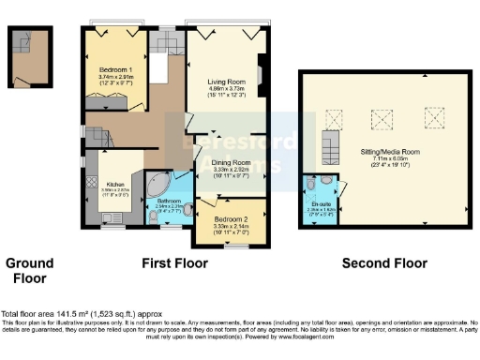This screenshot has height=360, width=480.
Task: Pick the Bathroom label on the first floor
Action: click(x=169, y=201)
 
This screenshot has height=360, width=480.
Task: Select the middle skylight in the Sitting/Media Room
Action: click(x=382, y=119)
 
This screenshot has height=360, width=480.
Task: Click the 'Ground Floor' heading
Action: click(x=30, y=270)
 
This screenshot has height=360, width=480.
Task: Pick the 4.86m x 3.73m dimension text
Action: click(x=226, y=89)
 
